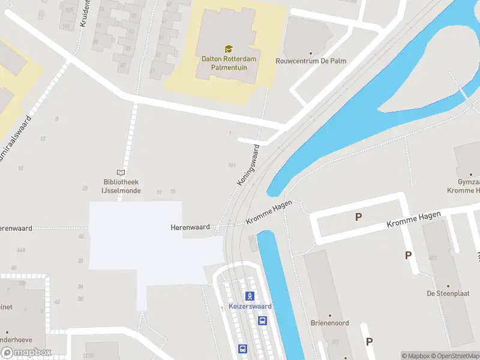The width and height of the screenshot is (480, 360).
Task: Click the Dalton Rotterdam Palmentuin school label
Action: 228,64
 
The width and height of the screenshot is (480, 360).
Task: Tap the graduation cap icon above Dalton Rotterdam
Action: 228,49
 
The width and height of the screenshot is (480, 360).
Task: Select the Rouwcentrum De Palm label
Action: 304,61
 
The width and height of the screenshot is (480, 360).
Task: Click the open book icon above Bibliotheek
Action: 121,172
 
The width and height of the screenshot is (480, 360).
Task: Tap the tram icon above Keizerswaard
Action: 250,295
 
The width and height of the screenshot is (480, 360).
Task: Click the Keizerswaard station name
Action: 250,307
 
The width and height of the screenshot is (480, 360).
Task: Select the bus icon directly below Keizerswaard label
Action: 262,320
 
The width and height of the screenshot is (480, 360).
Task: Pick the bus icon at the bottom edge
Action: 242,349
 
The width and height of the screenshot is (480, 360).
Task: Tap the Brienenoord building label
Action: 329,323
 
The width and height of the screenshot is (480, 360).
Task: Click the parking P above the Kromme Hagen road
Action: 359,217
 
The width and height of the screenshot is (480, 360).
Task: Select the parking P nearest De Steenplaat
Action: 408,255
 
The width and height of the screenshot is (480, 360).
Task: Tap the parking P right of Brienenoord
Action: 369,341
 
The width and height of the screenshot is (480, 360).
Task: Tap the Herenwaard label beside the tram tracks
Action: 190,227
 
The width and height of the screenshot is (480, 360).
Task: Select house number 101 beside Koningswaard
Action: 232,165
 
